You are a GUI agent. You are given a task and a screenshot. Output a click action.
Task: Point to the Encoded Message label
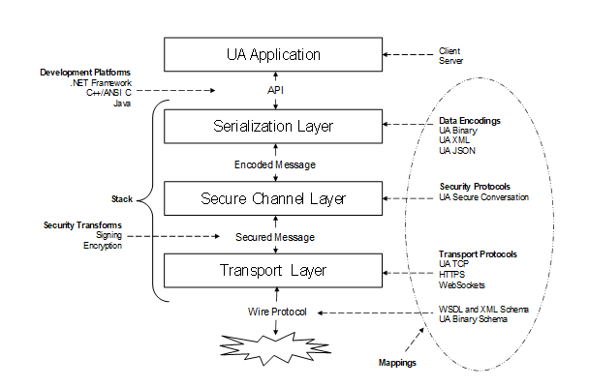pos(275,164)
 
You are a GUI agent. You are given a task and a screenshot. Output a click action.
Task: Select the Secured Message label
pos(275,236)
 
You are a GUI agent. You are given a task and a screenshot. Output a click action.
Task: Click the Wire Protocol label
pos(275,311)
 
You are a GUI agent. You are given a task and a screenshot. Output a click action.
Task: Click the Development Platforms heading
pos(85,73)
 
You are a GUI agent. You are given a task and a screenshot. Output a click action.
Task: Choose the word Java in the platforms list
pos(121,103)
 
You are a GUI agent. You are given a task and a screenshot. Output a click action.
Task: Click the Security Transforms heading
pos(82,225)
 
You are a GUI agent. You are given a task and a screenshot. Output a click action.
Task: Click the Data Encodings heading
pos(470,120)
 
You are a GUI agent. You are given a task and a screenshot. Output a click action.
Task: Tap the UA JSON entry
pos(458,151)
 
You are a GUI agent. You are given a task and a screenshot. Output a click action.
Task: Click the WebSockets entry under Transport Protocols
pos(462,284)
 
